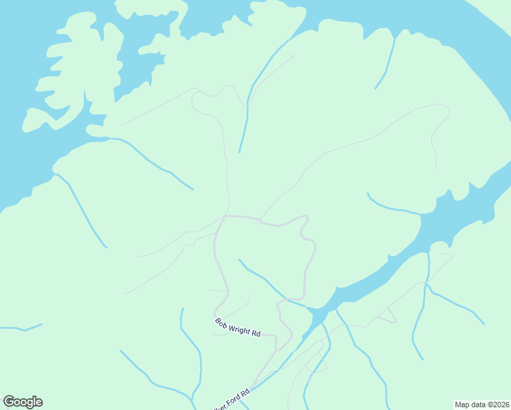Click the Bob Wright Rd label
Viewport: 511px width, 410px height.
tap(238, 327)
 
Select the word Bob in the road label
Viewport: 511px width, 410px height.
tap(221, 321)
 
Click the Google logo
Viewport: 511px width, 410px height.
tap(23, 402)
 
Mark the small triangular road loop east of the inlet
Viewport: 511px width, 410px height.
tap(387, 315)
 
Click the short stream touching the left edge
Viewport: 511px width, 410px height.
tap(20, 329)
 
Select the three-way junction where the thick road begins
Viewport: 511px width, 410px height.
tap(225, 216)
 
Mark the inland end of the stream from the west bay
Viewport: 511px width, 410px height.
tap(193, 189)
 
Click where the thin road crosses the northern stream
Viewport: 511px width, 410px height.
tap(247, 106)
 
